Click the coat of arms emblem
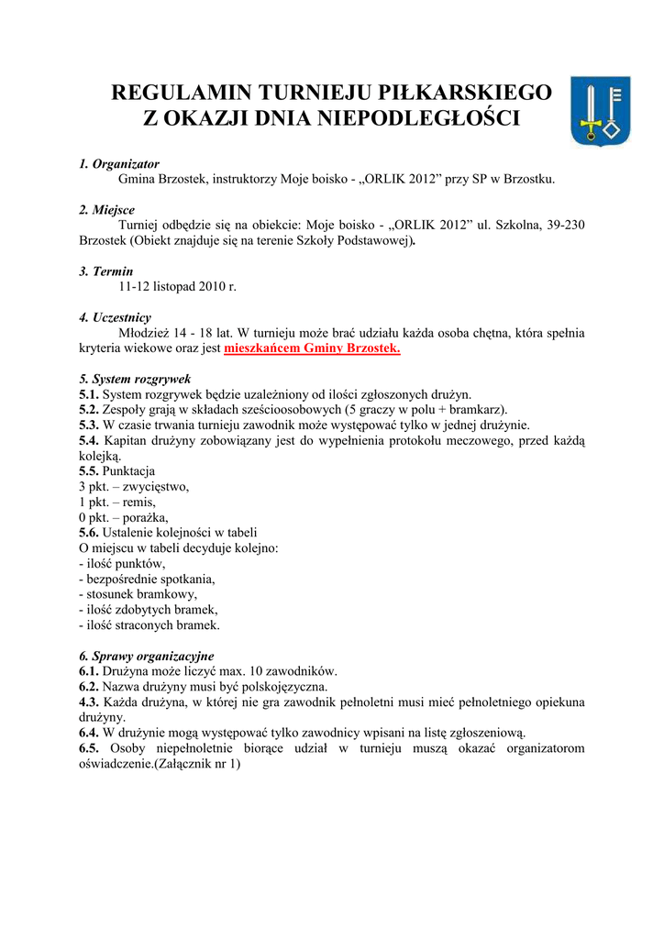click(x=601, y=111)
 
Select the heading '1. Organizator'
click(x=119, y=163)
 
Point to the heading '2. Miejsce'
click(x=106, y=210)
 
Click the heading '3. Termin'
click(x=105, y=271)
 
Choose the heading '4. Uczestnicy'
click(x=115, y=317)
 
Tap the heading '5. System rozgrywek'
click(x=135, y=379)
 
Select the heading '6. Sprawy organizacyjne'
click(x=146, y=656)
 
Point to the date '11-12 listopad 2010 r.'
click(x=178, y=287)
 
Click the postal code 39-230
click(x=564, y=226)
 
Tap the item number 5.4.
click(x=89, y=441)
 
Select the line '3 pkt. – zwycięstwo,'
click(x=134, y=487)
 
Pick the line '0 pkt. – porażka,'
click(x=124, y=517)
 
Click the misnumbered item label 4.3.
click(x=89, y=702)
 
